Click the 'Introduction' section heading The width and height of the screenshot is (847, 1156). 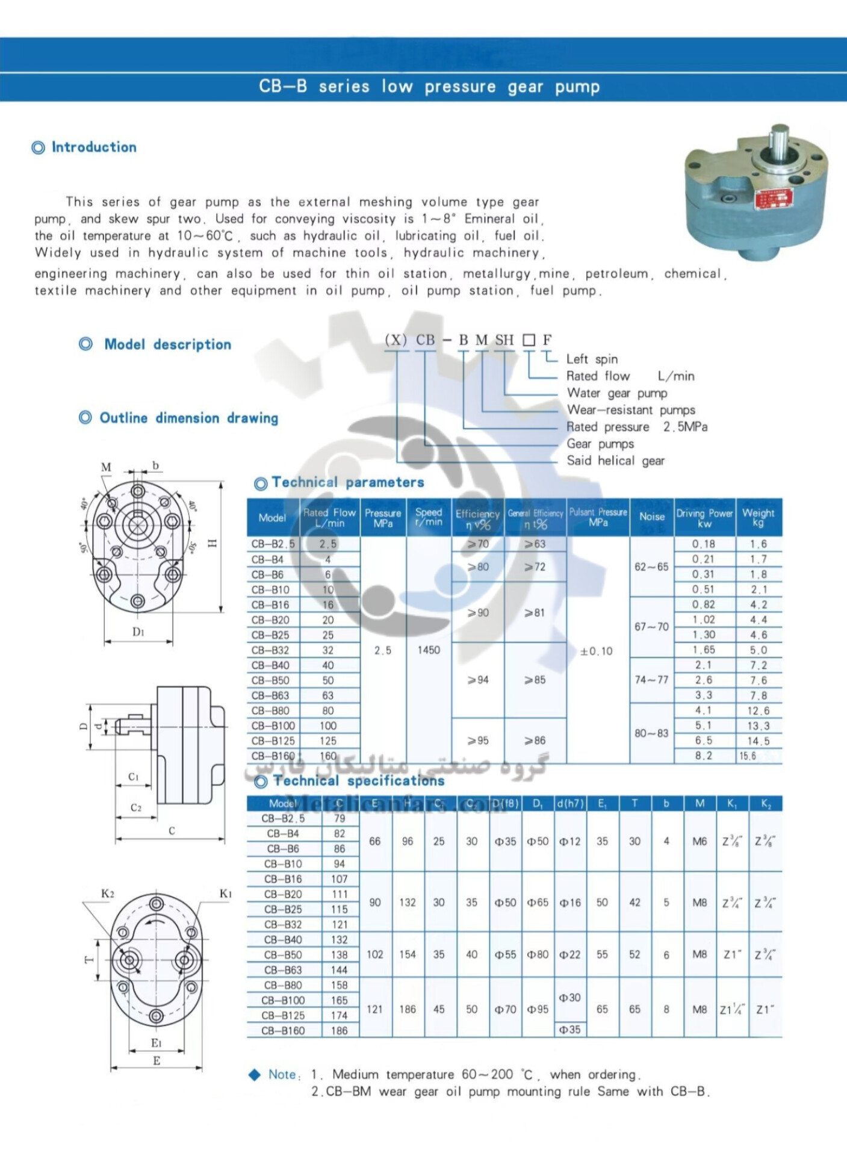[93, 147]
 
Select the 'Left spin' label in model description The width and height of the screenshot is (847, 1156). [592, 359]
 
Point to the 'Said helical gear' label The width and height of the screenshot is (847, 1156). [615, 461]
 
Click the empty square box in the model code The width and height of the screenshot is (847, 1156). [529, 340]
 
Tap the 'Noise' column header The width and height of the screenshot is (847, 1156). [651, 517]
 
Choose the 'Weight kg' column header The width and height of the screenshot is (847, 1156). [758, 517]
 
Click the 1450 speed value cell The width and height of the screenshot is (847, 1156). [428, 650]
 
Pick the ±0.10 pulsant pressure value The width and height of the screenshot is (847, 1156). [596, 651]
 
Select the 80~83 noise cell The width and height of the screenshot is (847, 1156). [651, 733]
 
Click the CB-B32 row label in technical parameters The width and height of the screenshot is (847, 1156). [270, 650]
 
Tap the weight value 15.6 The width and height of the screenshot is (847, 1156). [748, 756]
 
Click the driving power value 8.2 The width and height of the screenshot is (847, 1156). [703, 756]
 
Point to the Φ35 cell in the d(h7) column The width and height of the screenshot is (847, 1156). [569, 1030]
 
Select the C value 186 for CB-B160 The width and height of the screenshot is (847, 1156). [339, 1031]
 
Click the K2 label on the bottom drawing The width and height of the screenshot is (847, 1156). [107, 893]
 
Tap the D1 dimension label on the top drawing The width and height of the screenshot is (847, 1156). [138, 632]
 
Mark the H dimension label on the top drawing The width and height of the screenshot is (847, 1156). [212, 544]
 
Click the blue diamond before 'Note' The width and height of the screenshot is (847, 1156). [255, 1075]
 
